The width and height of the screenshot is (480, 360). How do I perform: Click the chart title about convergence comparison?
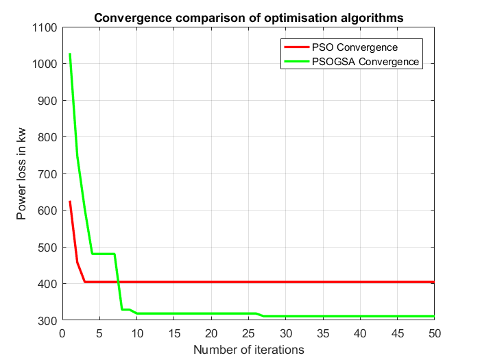[248, 17]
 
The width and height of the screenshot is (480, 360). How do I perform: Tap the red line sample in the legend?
[297, 48]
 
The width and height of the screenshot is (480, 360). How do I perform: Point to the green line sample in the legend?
[297, 62]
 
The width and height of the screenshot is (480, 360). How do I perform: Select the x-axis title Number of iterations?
[248, 350]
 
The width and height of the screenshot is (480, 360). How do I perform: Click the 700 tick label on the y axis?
[48, 174]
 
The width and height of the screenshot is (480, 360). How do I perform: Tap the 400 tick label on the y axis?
[48, 284]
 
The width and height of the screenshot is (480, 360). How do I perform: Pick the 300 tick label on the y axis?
[48, 320]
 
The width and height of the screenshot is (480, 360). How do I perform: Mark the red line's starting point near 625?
[70, 202]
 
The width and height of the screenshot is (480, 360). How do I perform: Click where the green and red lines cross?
[117, 282]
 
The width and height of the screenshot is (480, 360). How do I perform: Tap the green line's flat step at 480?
[104, 254]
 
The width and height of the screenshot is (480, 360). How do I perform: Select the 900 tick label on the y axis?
[48, 101]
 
